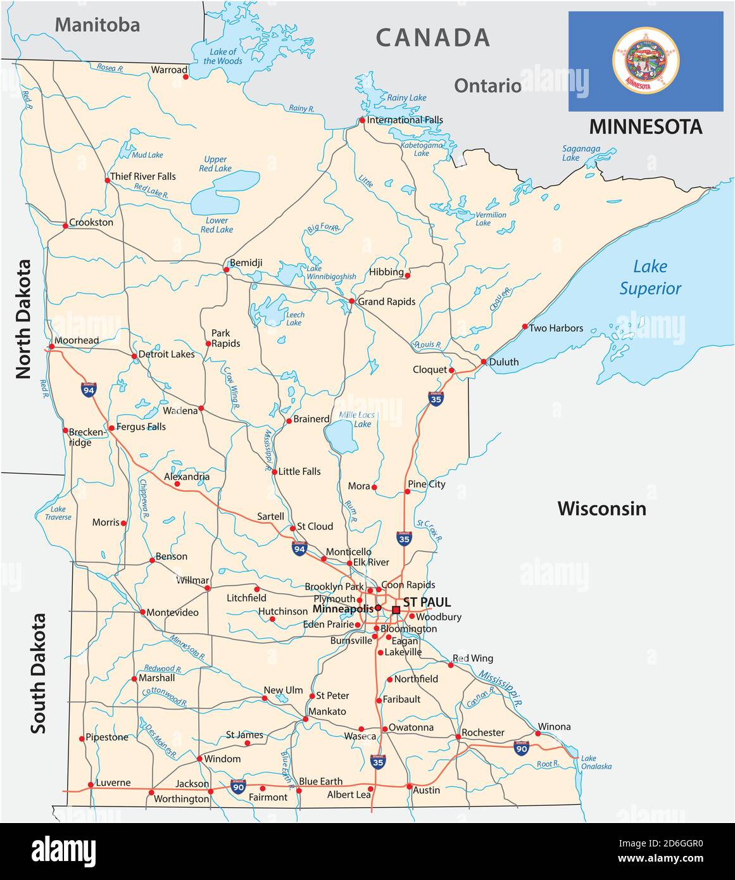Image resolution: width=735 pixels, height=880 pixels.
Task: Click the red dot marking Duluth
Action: pyautogui.click(x=483, y=362)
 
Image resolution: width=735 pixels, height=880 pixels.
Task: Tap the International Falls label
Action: pyautogui.click(x=405, y=120)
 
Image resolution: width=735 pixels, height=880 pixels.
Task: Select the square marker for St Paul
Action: pyautogui.click(x=396, y=610)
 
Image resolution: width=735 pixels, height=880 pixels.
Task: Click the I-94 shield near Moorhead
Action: pyautogui.click(x=89, y=389)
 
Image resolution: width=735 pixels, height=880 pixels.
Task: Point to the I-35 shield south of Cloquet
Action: pyautogui.click(x=436, y=398)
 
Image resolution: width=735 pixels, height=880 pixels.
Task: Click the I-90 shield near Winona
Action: pyautogui.click(x=521, y=748)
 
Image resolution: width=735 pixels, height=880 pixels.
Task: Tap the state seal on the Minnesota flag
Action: pyautogui.click(x=645, y=61)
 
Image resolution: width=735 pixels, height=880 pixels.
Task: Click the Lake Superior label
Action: pyautogui.click(x=650, y=277)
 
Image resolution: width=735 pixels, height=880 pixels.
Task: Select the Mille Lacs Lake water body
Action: pyautogui.click(x=339, y=436)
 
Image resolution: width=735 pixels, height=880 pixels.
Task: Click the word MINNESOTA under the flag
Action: pyautogui.click(x=645, y=127)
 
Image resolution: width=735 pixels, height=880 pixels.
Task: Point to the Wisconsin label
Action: pyautogui.click(x=601, y=508)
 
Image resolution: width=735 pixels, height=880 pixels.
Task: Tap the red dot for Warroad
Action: pyautogui.click(x=185, y=77)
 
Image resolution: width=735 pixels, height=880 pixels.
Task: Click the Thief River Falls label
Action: pyautogui.click(x=142, y=176)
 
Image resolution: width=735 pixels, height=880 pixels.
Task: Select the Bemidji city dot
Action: pyautogui.click(x=226, y=270)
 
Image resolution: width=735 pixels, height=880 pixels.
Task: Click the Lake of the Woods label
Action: pyautogui.click(x=223, y=56)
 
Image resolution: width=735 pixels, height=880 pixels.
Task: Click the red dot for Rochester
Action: pyautogui.click(x=458, y=737)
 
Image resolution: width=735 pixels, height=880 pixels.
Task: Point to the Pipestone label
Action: pyautogui.click(x=106, y=737)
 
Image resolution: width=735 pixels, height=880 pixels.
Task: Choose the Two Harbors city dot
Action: pyautogui.click(x=525, y=327)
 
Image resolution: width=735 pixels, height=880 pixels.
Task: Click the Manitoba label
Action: pyautogui.click(x=97, y=25)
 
